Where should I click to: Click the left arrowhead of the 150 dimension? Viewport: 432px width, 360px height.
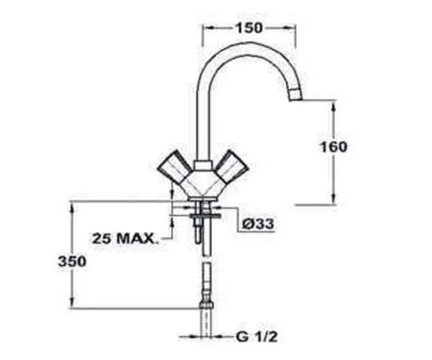tap(205, 28)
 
